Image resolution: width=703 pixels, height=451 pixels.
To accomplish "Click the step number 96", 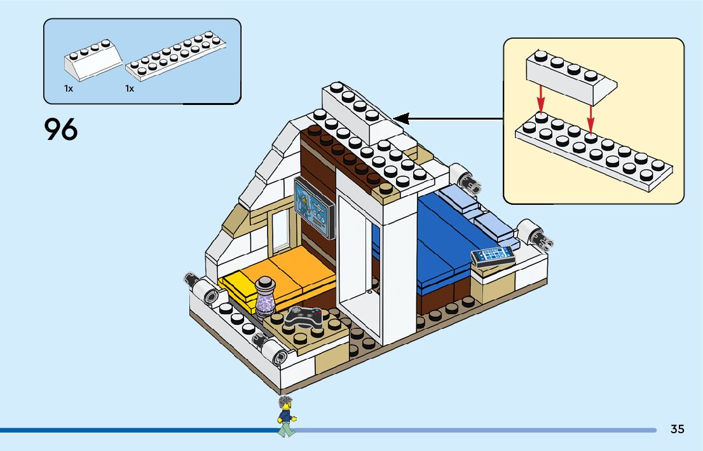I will tap(61, 130).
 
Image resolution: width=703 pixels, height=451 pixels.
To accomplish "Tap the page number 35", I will tap(677, 429).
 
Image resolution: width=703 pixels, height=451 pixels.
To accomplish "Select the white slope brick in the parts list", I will tap(92, 59).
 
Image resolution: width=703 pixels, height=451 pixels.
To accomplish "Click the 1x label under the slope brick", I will tap(69, 89).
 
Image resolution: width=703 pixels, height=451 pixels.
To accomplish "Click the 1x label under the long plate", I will tap(130, 89).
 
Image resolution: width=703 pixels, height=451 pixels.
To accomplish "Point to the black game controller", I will tap(302, 316).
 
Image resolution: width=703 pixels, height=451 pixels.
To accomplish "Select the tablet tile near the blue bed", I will tap(493, 255).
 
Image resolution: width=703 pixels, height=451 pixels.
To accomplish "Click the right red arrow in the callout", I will tap(590, 119).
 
